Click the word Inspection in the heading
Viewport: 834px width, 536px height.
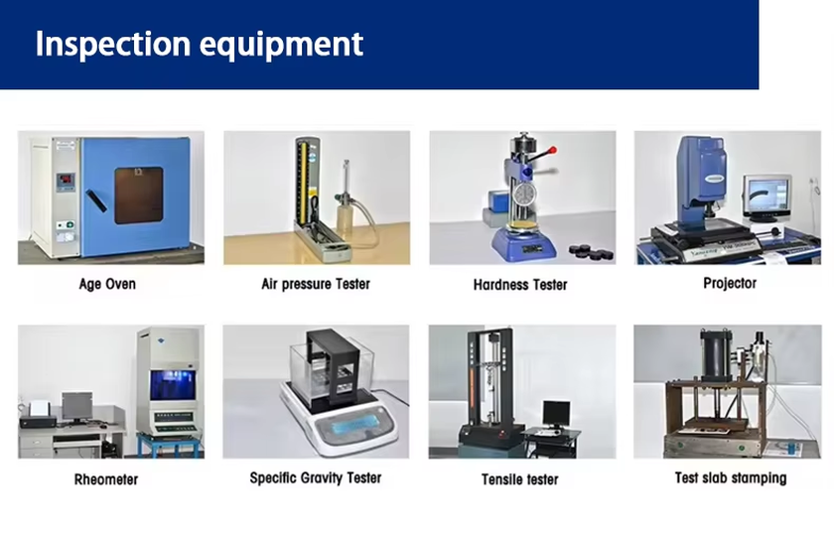[x=113, y=44]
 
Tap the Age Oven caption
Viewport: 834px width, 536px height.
[x=107, y=284]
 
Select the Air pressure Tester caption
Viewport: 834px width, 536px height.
[x=316, y=284]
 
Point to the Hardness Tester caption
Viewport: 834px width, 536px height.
[x=520, y=285]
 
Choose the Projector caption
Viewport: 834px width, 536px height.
[x=730, y=284]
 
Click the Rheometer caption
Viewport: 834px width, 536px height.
[x=106, y=479]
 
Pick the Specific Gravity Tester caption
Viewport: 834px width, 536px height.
[x=316, y=478]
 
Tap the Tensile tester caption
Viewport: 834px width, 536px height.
[x=519, y=479]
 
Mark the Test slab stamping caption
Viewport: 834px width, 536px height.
[x=731, y=478]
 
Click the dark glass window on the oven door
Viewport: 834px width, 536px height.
[x=139, y=196]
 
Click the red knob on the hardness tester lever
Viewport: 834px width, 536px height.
[x=553, y=151]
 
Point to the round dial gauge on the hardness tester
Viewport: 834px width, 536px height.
[x=524, y=195]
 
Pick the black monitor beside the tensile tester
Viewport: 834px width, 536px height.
[x=556, y=414]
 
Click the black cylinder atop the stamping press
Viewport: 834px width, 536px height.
[x=716, y=353]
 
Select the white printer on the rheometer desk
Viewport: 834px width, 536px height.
[x=39, y=409]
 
